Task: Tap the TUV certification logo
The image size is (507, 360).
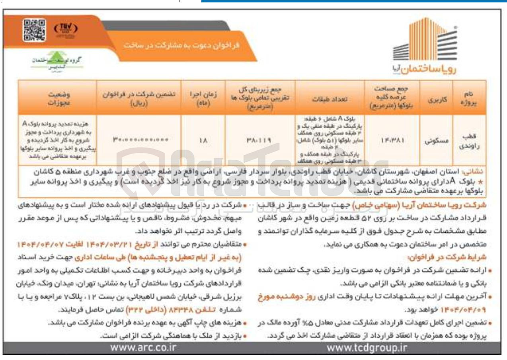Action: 65,29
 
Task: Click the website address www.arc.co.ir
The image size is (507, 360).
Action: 143,348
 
